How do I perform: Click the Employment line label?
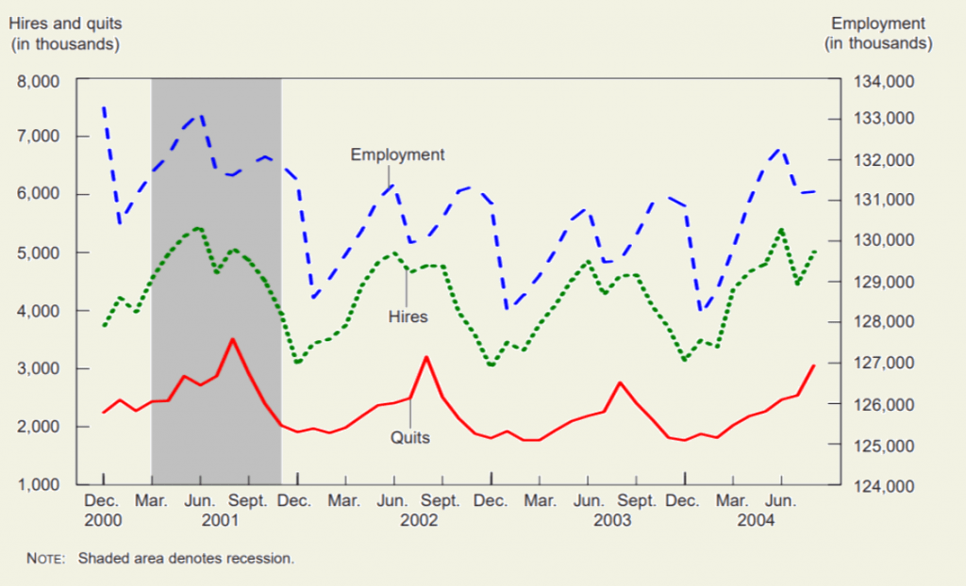click(397, 155)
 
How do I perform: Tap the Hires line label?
click(408, 317)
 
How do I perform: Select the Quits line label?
click(410, 437)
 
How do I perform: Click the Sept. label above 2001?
click(250, 501)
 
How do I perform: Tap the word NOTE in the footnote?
click(44, 559)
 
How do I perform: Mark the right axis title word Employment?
click(878, 24)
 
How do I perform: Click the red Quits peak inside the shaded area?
click(233, 339)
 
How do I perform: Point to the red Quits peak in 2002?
click(426, 357)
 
